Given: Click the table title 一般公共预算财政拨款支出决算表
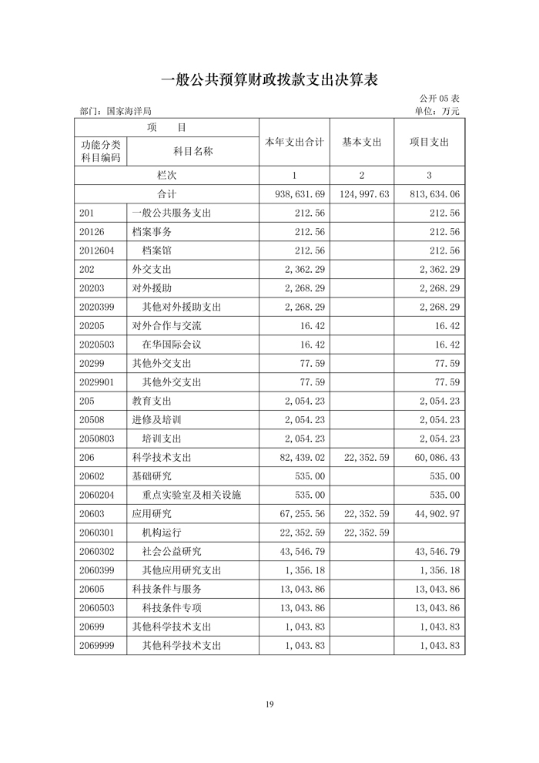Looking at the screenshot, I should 269,79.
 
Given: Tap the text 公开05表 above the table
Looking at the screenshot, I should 439,99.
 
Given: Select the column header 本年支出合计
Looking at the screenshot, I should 293,143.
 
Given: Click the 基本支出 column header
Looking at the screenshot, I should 361,143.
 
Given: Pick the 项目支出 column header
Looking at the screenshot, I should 429,143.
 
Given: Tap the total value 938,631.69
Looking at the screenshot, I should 300,194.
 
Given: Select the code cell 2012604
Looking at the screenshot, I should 96,251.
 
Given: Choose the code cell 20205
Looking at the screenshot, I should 92,326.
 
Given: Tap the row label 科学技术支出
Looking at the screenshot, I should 161,458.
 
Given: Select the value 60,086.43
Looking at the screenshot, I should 434,458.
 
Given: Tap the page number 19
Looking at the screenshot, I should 269,704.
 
